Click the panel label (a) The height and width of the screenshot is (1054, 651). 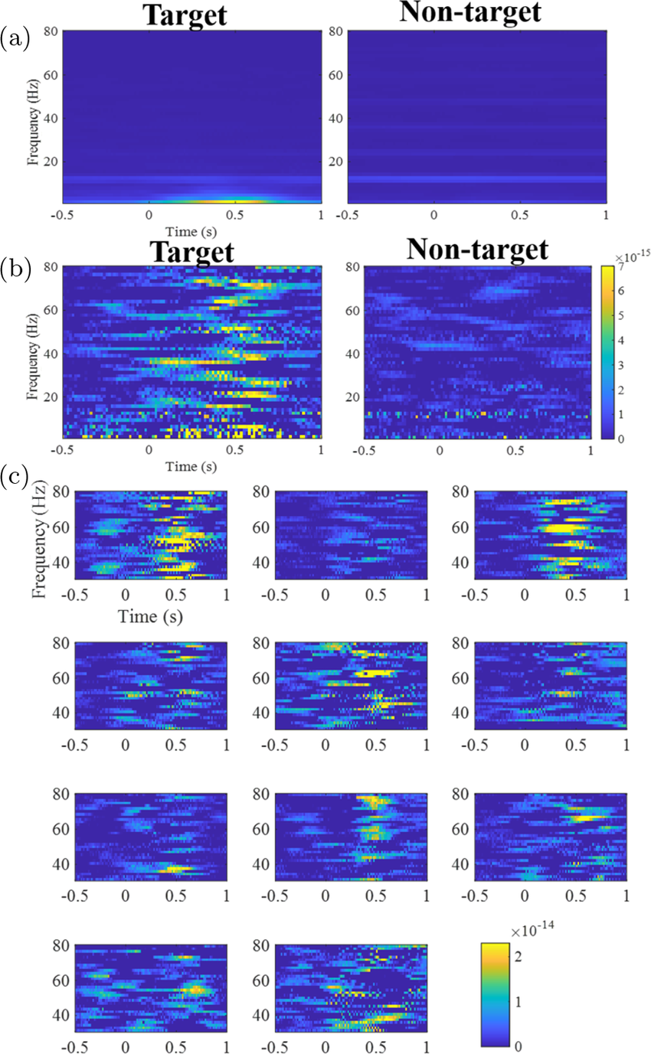point(16,37)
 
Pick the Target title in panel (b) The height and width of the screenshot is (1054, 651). point(191,250)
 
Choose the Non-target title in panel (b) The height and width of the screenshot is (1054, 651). point(477,250)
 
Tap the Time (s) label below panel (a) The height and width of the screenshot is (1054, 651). point(191,230)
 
